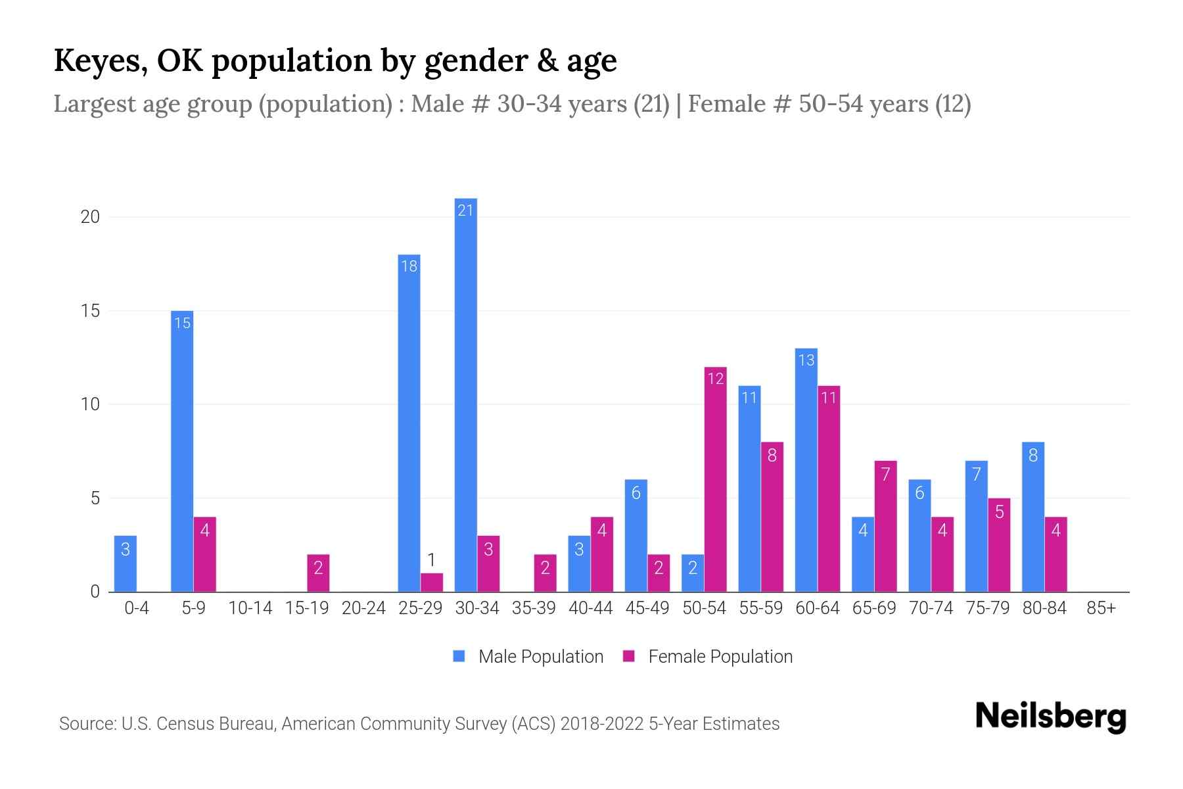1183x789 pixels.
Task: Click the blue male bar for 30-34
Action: (x=465, y=394)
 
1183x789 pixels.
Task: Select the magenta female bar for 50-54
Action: (x=715, y=480)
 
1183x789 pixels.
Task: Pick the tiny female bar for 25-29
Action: (x=432, y=583)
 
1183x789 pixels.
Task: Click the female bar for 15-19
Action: (x=318, y=573)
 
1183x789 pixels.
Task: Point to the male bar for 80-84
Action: (x=1033, y=517)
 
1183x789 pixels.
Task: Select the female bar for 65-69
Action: (x=885, y=526)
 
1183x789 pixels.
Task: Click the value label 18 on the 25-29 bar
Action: (x=409, y=266)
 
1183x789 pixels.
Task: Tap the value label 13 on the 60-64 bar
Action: (x=806, y=360)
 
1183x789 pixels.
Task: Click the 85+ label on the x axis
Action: (x=1101, y=608)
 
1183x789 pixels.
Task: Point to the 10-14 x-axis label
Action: (x=250, y=608)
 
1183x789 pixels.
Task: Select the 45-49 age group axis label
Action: (x=647, y=608)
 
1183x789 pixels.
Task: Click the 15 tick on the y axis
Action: (x=90, y=310)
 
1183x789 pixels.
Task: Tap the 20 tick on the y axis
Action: (x=90, y=217)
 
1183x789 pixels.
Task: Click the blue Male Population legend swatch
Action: (x=459, y=656)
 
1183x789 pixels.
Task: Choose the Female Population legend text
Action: (x=720, y=656)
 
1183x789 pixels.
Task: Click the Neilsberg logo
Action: (x=1050, y=717)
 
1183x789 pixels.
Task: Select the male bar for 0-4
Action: (x=126, y=564)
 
